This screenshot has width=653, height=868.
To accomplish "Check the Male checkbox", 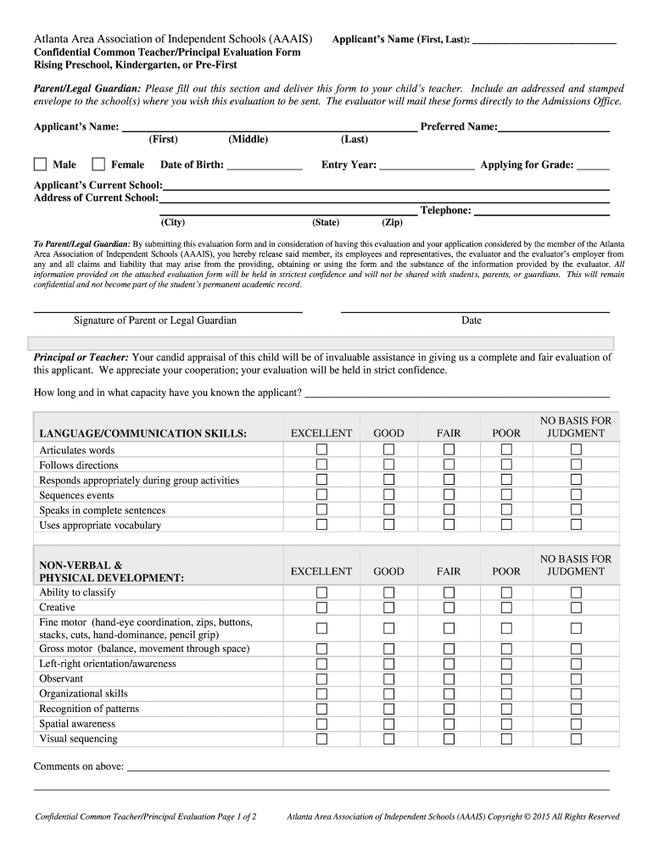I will point(40,164).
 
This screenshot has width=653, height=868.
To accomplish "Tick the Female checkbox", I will point(98,164).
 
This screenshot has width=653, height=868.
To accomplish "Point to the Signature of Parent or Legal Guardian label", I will point(155,320).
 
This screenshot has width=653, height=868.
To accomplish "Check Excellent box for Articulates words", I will point(321,450).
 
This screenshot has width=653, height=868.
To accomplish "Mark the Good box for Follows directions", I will point(388,465).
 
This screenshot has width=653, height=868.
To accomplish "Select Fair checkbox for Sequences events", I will point(449,495).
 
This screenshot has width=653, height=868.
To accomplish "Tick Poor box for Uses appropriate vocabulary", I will point(506,526).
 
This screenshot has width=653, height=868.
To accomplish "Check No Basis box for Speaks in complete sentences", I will point(576,510).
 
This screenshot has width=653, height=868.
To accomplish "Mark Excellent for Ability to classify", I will point(321,593).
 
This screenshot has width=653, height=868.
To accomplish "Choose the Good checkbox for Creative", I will point(388,608).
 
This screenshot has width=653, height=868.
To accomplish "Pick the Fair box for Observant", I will point(449,679).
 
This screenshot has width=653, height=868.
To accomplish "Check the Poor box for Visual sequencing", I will point(506,739).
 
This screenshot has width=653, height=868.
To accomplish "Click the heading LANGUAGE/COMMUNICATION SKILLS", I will point(142,433).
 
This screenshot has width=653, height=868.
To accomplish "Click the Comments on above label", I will point(79,767).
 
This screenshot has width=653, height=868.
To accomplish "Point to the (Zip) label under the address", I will point(392,223).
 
